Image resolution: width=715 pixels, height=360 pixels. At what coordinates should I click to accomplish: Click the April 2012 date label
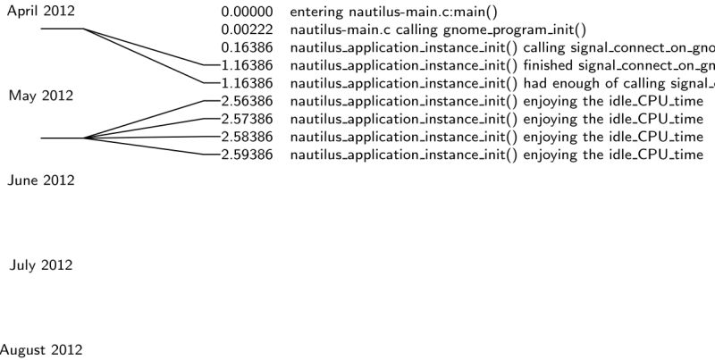pos(41,11)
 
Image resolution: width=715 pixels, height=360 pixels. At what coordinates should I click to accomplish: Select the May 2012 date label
pos(41,96)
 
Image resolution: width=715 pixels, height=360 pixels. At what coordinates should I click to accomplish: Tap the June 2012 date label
pos(41,180)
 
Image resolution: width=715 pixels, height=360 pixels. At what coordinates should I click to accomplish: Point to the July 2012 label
pos(41,265)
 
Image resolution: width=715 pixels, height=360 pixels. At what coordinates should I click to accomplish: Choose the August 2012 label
pos(41,350)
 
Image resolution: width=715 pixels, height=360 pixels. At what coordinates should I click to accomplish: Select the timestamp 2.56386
pos(248,102)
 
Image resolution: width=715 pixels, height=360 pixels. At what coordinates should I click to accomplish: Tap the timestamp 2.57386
pos(248,120)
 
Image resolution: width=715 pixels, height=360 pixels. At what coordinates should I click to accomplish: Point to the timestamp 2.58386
pos(248,138)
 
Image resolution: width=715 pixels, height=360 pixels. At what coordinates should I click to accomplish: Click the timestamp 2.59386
pos(248,155)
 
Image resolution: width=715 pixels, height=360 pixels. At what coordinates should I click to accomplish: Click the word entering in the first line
pos(317,13)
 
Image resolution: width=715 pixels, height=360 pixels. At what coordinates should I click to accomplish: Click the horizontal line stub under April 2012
pos(62,29)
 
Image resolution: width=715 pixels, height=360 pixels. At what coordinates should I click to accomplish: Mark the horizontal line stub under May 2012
pos(62,138)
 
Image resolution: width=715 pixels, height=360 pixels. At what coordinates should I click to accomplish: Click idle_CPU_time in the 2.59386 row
pos(660,155)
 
